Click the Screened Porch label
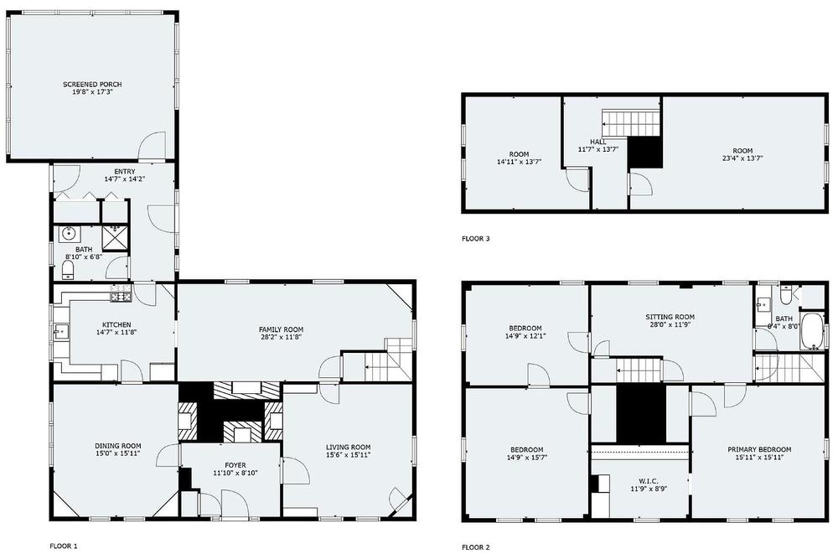click(92, 85)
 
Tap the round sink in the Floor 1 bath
click(69, 233)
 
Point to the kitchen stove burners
click(120, 293)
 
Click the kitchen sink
click(59, 332)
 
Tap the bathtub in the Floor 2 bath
click(812, 332)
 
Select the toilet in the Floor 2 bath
click(786, 295)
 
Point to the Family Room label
click(281, 329)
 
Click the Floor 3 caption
click(476, 239)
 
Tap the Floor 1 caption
click(64, 546)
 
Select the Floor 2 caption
click(476, 547)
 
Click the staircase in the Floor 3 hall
click(631, 123)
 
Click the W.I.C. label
click(649, 481)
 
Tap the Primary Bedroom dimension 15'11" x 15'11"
click(759, 458)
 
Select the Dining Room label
click(118, 446)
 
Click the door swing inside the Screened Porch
click(151, 146)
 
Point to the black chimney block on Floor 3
click(645, 153)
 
